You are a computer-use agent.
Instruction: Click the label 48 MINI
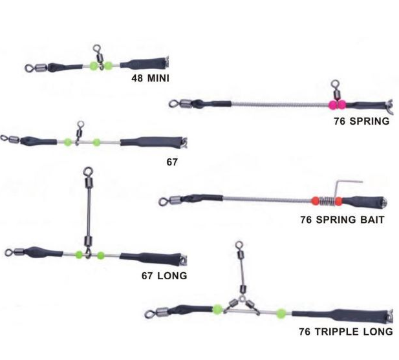154,80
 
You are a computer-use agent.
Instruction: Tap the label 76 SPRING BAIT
342,220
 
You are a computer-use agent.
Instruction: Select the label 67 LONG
164,275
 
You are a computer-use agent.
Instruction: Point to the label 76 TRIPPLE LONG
345,332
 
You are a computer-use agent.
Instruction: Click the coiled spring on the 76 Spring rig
278,103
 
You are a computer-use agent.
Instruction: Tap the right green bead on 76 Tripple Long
281,314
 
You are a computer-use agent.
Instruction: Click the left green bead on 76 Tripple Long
217,309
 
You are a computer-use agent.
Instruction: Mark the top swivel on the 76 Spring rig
335,85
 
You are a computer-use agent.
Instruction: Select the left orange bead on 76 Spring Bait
315,200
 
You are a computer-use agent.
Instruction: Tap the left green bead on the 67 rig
67,142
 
